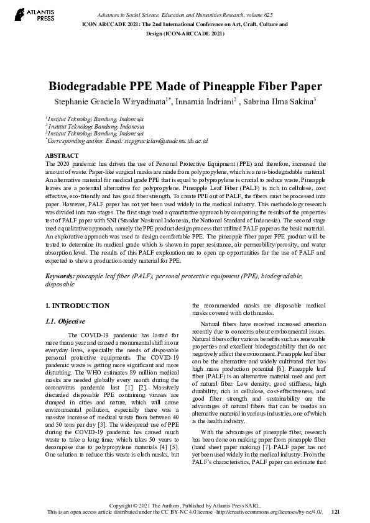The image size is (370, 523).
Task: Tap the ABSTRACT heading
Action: click(x=62, y=155)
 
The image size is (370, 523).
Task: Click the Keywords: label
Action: click(x=60, y=274)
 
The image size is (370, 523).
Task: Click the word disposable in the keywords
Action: click(x=60, y=283)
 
